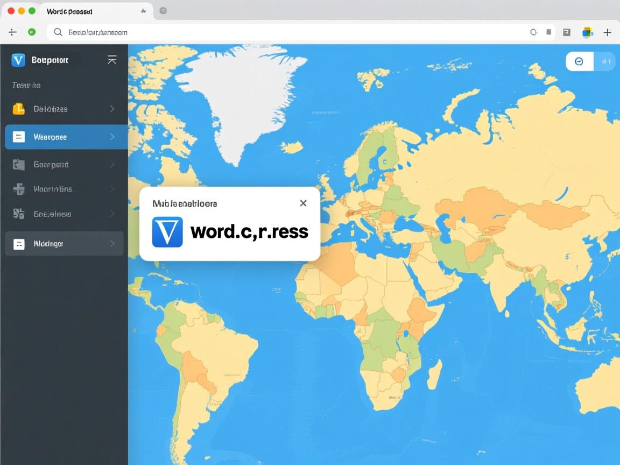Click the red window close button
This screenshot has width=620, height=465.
coord(11,11)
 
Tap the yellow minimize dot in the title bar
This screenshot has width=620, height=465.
coord(22,11)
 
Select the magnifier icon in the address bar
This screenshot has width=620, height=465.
coord(58,32)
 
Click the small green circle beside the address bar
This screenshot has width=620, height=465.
coord(32,32)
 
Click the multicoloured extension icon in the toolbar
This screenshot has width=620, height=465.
coord(587,32)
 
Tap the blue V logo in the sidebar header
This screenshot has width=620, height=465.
coord(18,60)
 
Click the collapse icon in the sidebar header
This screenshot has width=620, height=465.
coord(112,60)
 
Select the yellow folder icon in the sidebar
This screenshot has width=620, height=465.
coord(18,109)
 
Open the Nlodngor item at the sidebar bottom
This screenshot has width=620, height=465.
coord(64,244)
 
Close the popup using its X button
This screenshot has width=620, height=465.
coord(303,203)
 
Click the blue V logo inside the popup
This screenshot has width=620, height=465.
coord(167,232)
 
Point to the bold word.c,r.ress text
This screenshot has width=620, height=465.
coord(249,231)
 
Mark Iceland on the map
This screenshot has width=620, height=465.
coord(291,147)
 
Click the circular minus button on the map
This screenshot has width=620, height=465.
coord(579,61)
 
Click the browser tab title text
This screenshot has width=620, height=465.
coord(69,11)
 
